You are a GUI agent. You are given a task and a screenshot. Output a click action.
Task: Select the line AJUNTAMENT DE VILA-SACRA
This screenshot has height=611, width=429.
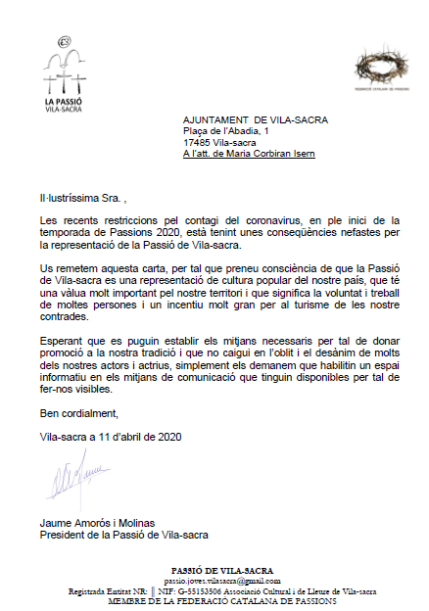(x=256, y=120)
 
